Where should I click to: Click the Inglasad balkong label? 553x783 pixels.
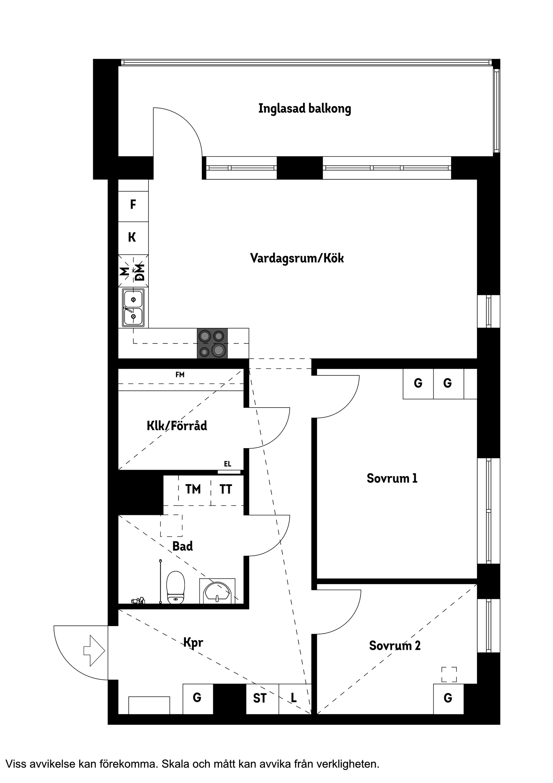click(304, 109)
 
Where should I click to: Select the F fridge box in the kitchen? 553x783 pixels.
click(133, 205)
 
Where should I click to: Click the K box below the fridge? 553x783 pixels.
click(132, 238)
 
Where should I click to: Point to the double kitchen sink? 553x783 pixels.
click(133, 308)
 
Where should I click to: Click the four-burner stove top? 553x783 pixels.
click(212, 343)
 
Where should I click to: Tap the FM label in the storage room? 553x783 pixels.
click(180, 375)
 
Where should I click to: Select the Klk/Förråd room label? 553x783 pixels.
click(177, 426)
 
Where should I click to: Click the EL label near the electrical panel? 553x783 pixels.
click(228, 464)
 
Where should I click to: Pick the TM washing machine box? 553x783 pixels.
click(193, 489)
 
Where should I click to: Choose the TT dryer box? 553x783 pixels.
click(226, 489)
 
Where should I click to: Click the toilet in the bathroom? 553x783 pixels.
click(176, 588)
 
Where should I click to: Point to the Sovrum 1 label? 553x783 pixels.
click(392, 478)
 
